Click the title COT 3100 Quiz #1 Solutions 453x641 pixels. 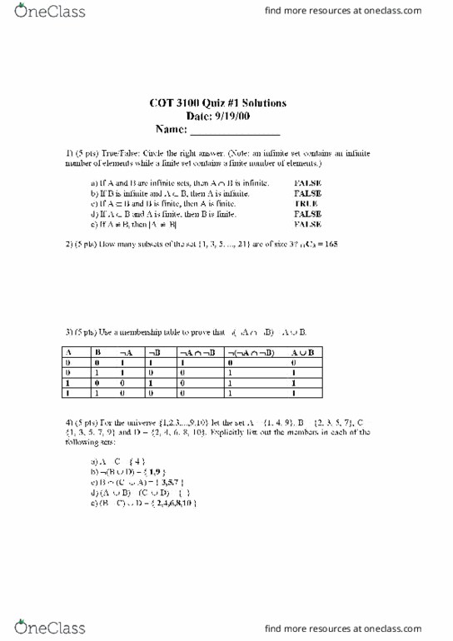219,103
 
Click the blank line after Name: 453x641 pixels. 236,132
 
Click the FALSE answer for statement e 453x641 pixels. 307,224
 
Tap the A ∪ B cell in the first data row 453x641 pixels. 293,363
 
